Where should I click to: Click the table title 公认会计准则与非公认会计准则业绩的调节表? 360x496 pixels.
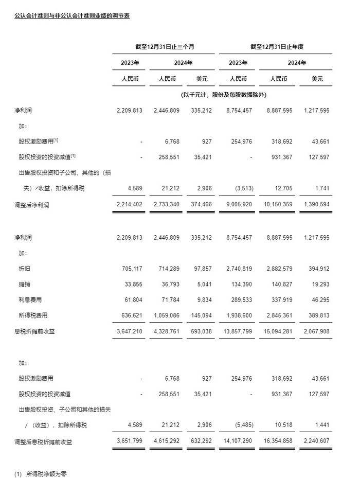tap(72, 15)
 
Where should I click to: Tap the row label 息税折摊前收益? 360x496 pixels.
tap(34, 331)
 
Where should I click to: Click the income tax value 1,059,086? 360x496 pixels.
tap(166, 315)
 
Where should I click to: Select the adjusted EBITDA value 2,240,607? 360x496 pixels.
tap(315, 441)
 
